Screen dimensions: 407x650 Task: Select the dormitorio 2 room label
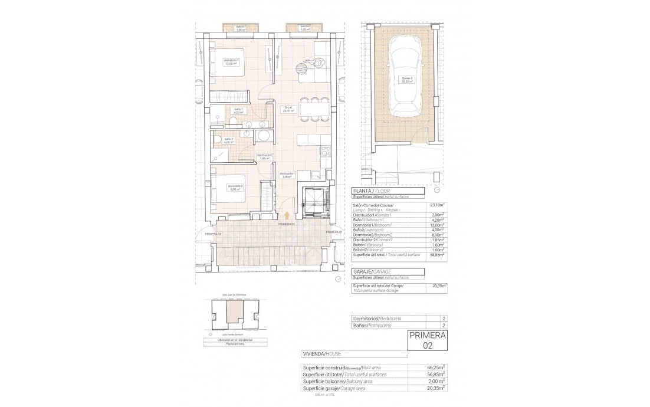click(x=235, y=188)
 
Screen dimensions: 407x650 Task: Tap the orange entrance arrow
click(x=287, y=216)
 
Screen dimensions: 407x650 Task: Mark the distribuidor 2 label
click(x=264, y=156)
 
